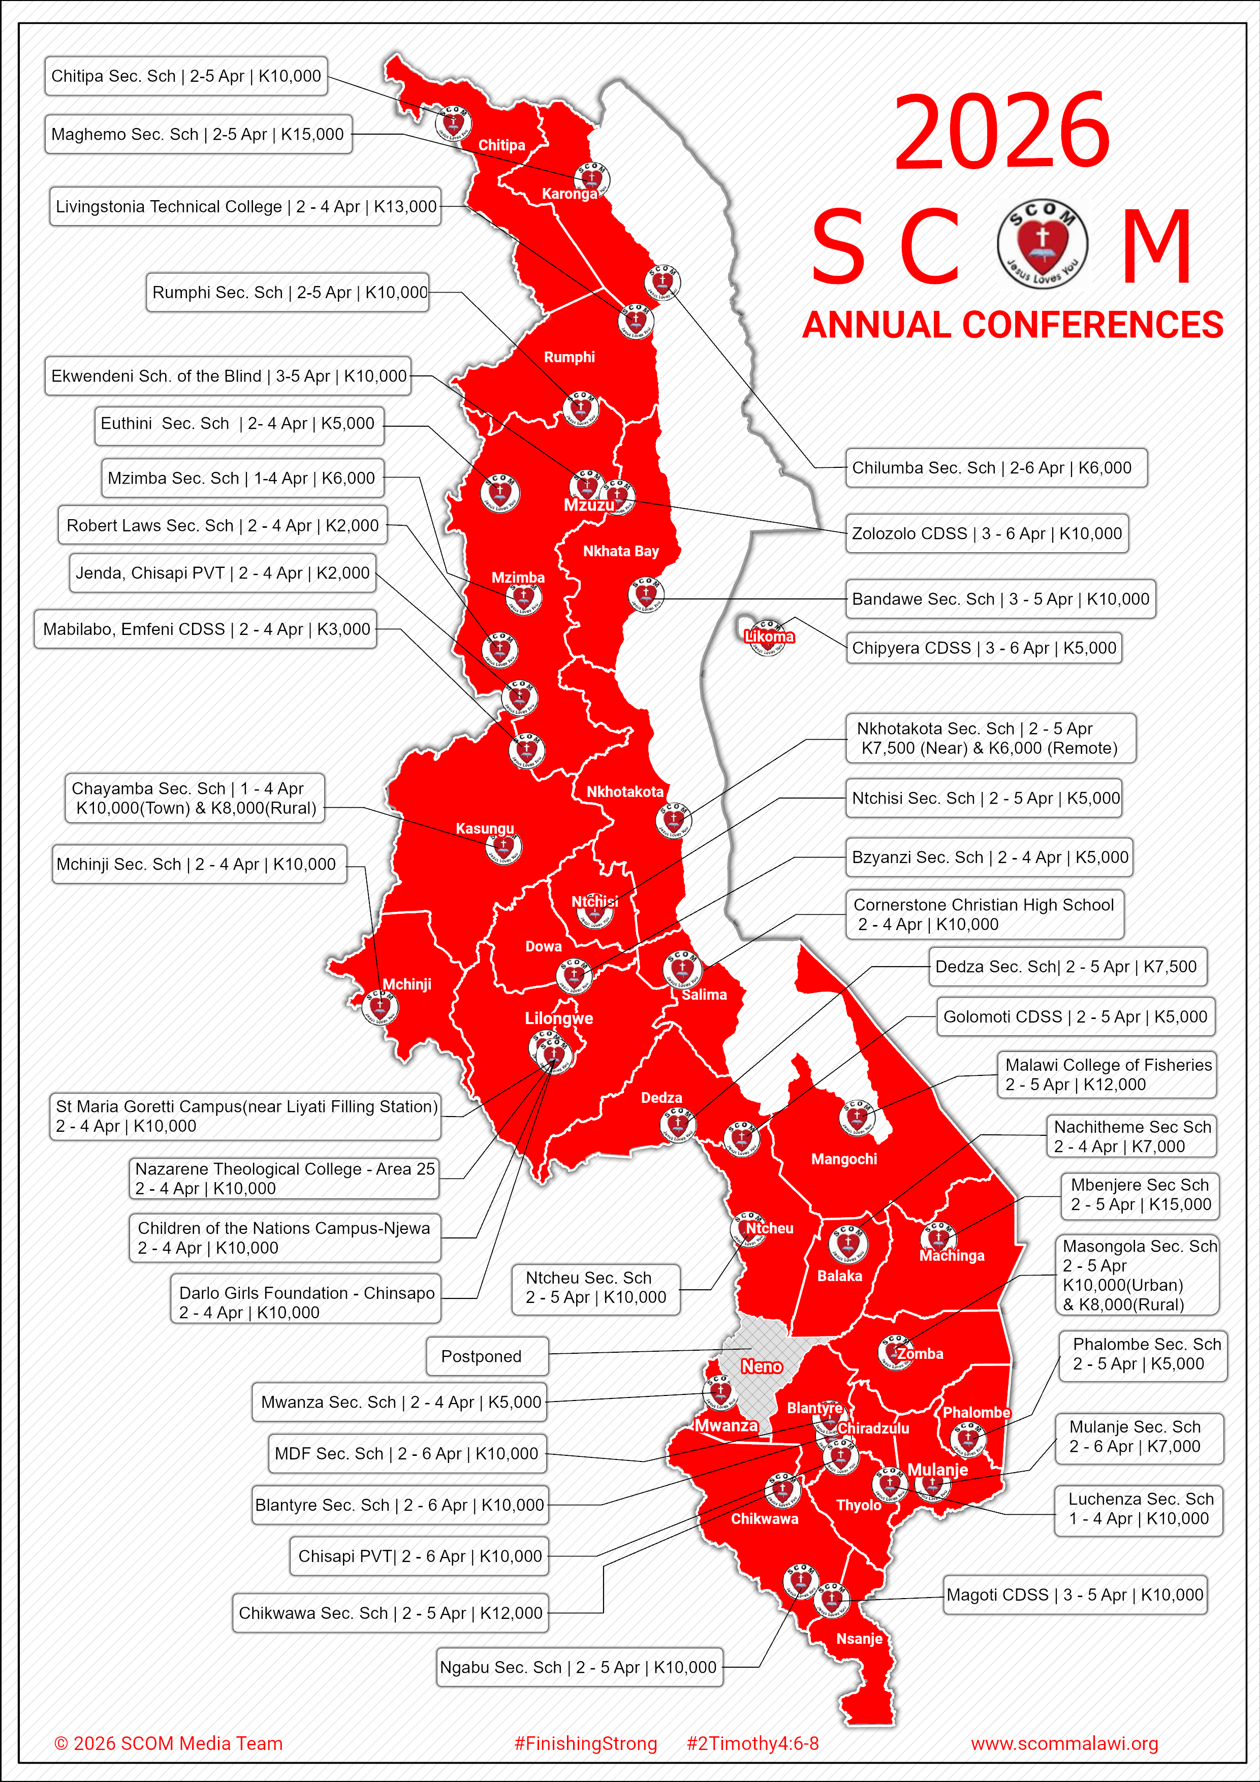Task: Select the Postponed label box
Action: point(487,1356)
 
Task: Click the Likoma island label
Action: point(769,637)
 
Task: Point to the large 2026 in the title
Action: point(1001,132)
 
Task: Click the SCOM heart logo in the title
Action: point(1042,244)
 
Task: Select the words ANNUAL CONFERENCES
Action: point(1013,325)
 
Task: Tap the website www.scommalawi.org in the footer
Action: point(1064,1743)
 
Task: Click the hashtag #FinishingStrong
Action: point(585,1743)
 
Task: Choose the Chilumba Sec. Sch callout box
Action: point(996,468)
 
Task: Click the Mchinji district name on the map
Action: point(407,984)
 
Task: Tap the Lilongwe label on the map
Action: point(559,1019)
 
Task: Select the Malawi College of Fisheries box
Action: point(1106,1075)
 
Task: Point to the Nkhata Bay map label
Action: point(620,551)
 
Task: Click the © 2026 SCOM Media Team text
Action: point(169,1743)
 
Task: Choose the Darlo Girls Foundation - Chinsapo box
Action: point(305,1302)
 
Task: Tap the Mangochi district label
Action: point(844,1159)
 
